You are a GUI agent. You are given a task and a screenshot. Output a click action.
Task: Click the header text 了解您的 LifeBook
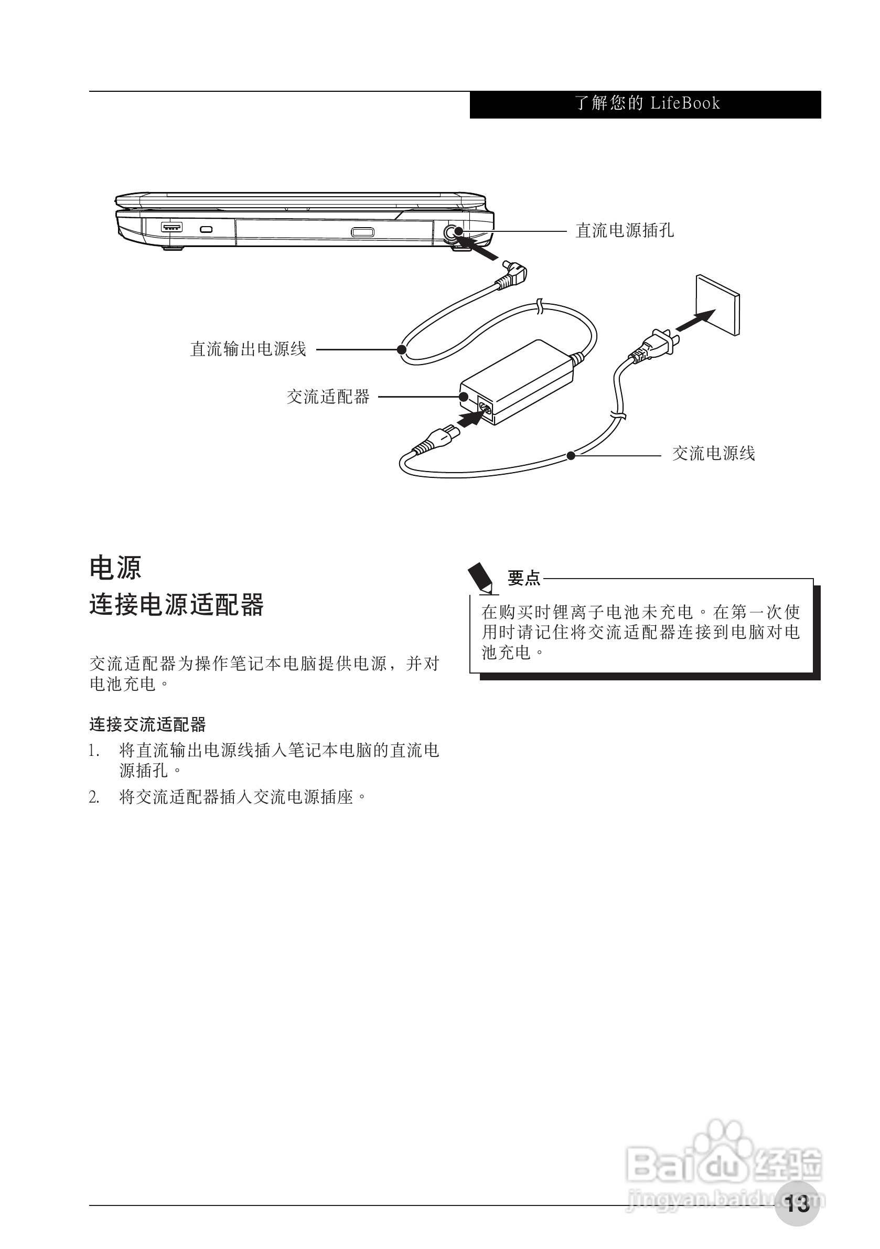point(647,103)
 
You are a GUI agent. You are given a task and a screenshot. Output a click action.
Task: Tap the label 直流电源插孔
point(625,231)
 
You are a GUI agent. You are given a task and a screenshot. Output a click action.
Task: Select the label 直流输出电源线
point(248,349)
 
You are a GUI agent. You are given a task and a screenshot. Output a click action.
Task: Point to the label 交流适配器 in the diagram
point(328,397)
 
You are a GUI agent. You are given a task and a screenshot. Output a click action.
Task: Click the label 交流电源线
point(714,453)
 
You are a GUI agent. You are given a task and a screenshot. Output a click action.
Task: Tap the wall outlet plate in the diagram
point(718,305)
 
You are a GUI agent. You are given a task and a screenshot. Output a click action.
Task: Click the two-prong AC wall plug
point(661,343)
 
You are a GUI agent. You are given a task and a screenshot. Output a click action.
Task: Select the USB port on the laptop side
point(172,227)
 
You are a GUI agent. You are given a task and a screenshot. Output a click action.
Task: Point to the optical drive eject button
point(362,232)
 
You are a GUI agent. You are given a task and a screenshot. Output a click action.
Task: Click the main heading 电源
point(115,568)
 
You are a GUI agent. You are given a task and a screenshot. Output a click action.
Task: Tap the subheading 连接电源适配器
point(176,605)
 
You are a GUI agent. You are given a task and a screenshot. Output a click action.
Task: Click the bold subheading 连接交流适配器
point(147,724)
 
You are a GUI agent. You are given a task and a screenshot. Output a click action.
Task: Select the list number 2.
point(94,797)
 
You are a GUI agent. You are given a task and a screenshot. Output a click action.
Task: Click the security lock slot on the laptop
point(206,229)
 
